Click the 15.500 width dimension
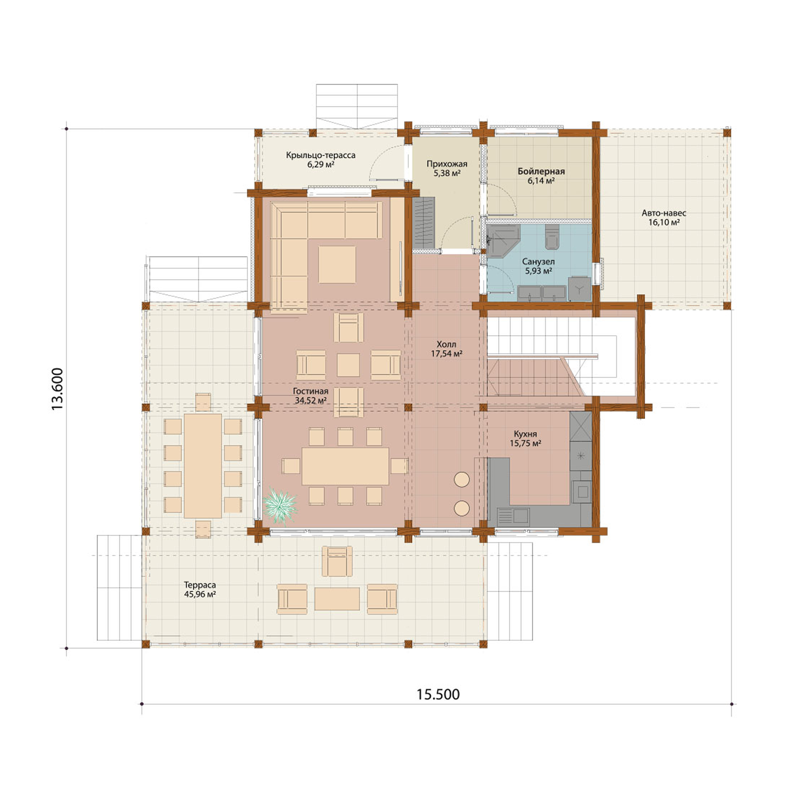pos(438,694)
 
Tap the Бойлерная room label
pos(541,176)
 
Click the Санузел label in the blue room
pos(538,266)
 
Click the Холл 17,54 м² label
pos(446,349)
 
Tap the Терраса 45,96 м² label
pos(200,589)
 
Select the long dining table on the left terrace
pos(203,465)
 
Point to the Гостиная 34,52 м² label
pos(310,396)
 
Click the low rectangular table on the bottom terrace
pos(337,599)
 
